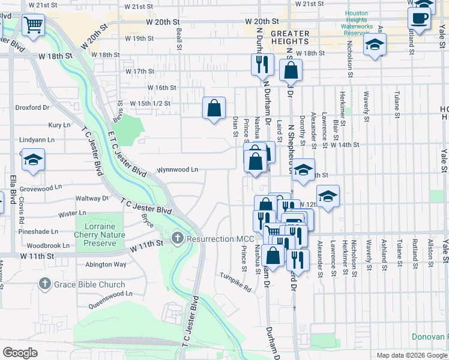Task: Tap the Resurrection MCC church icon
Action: [176, 239]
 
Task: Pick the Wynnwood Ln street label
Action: [178, 170]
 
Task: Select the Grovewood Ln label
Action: [40, 187]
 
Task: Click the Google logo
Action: [20, 352]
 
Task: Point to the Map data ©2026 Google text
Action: [412, 355]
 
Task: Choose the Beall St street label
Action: [179, 41]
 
